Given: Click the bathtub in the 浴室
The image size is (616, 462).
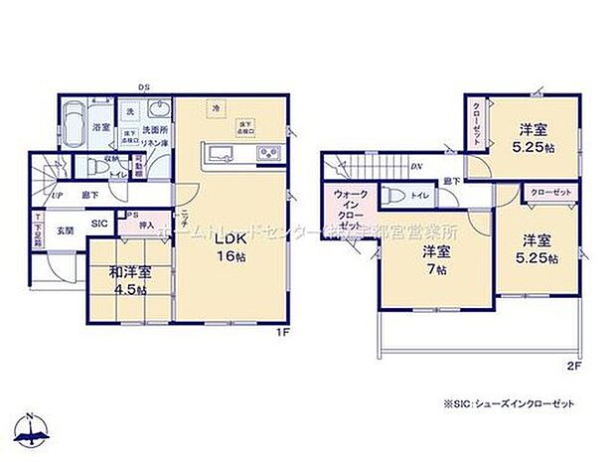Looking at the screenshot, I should (76, 123).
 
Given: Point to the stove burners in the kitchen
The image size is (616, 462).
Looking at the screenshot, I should (268, 154).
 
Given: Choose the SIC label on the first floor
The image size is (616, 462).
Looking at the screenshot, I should (99, 225).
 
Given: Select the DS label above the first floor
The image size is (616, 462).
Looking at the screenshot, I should (144, 86).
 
